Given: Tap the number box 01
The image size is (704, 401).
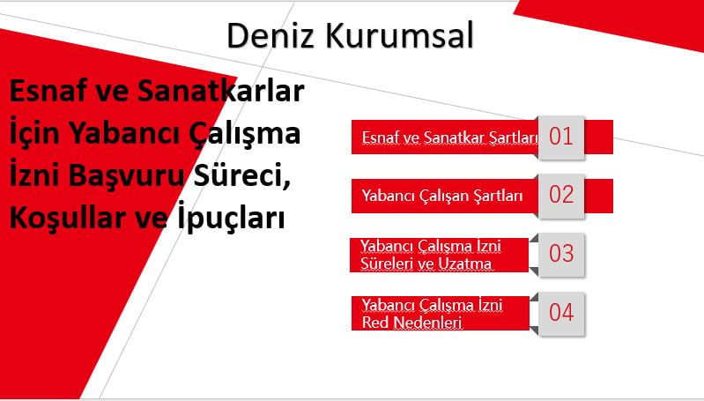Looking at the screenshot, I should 560,137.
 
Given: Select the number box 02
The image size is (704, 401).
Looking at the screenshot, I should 560,195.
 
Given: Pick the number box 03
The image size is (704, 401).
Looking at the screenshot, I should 560,254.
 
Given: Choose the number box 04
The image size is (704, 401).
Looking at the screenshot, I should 560,312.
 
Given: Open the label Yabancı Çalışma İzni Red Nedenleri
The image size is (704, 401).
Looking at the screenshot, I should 432,314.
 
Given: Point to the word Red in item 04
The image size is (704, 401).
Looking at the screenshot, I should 375,323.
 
